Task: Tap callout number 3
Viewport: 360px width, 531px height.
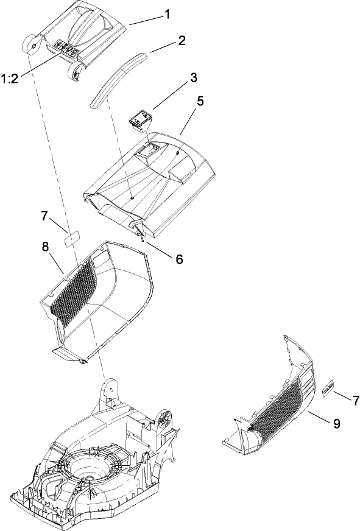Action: [x=193, y=78]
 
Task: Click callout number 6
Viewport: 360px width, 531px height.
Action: [x=178, y=258]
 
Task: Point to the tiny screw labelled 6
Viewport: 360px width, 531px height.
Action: [x=142, y=239]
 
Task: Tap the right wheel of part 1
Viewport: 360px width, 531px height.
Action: [x=76, y=71]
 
